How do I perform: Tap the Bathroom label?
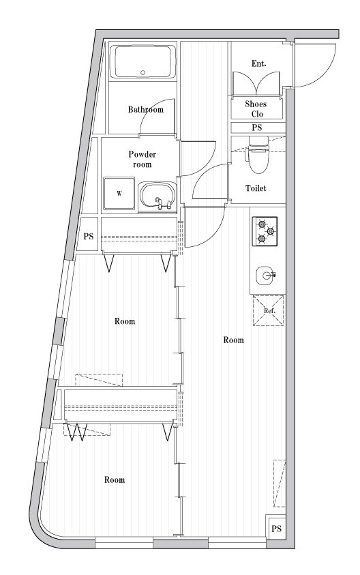click(x=145, y=109)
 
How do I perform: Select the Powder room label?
click(x=142, y=159)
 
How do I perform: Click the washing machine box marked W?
click(x=119, y=193)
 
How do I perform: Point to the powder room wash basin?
click(x=157, y=196)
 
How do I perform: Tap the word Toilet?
click(x=256, y=188)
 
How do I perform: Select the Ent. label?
click(x=258, y=63)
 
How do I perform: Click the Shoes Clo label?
click(x=256, y=108)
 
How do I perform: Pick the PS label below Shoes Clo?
click(x=257, y=128)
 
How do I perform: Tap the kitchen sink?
click(x=267, y=276)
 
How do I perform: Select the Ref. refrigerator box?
click(x=268, y=310)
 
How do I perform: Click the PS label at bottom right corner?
click(x=276, y=529)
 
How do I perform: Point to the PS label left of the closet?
click(x=89, y=237)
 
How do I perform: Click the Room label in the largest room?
click(x=233, y=340)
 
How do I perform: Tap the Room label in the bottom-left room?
click(x=115, y=480)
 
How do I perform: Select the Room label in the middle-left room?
click(x=124, y=321)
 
